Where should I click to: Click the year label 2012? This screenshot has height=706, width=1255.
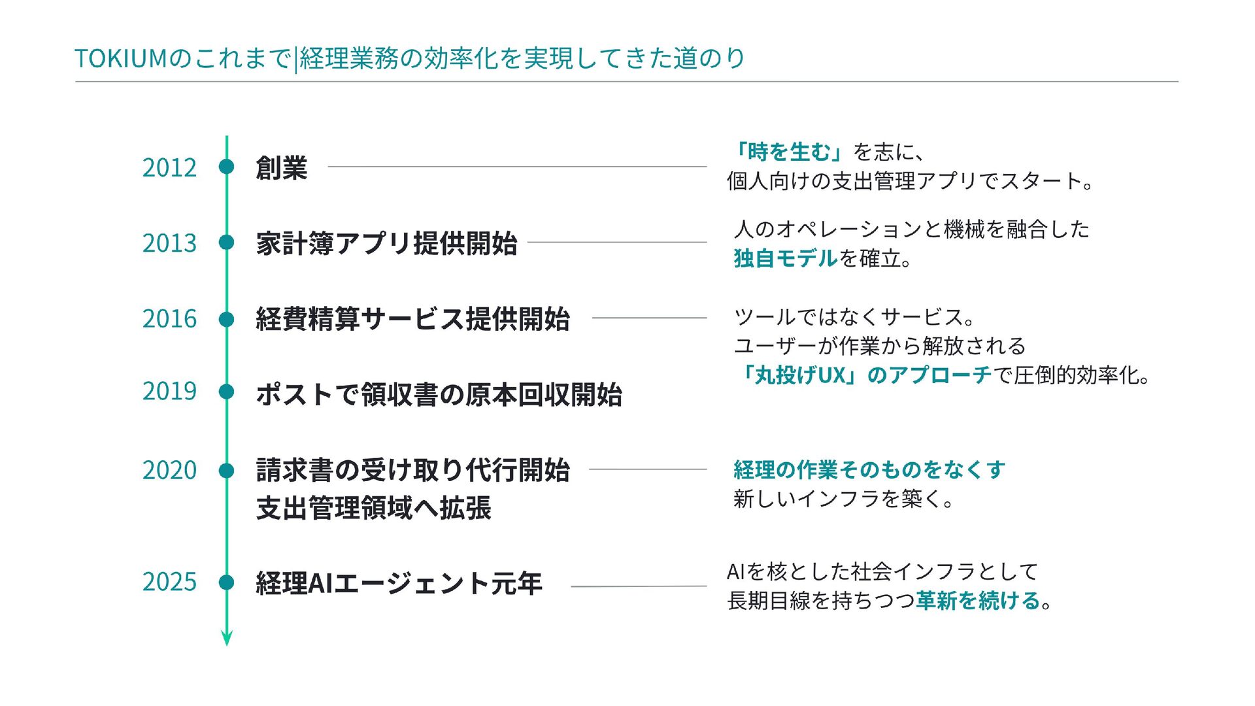click(169, 168)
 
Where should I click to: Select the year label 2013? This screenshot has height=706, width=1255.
click(169, 243)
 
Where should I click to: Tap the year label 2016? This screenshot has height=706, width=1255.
click(169, 319)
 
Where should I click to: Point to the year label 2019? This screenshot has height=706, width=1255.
click(169, 392)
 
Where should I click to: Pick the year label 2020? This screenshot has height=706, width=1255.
click(169, 471)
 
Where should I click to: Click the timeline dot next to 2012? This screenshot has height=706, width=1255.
click(227, 167)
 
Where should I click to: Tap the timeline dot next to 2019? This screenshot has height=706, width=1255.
click(227, 392)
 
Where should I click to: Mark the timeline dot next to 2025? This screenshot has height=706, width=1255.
click(227, 582)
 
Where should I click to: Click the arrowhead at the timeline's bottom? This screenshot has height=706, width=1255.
click(227, 639)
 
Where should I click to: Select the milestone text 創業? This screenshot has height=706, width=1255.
click(281, 168)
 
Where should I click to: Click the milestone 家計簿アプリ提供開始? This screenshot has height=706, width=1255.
click(386, 243)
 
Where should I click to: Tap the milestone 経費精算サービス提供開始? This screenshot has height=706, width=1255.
click(412, 319)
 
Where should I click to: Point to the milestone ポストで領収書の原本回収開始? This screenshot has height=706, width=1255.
click(439, 395)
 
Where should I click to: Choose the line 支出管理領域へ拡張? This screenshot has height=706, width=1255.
click(373, 509)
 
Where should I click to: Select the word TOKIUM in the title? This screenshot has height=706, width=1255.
click(121, 59)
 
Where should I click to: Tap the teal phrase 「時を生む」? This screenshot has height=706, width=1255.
click(788, 152)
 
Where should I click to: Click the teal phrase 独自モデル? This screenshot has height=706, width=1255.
click(785, 259)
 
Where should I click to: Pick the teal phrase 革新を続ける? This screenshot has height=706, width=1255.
click(978, 601)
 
